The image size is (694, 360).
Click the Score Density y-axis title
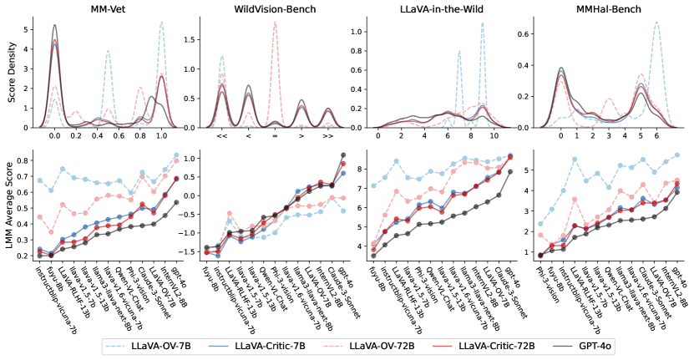pos(9,74)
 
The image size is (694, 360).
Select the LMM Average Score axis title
pos(9,208)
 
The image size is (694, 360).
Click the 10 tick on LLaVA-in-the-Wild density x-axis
pos(494,134)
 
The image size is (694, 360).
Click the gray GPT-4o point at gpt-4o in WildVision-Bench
pos(342,155)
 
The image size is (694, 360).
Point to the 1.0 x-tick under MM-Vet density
pos(161,134)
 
